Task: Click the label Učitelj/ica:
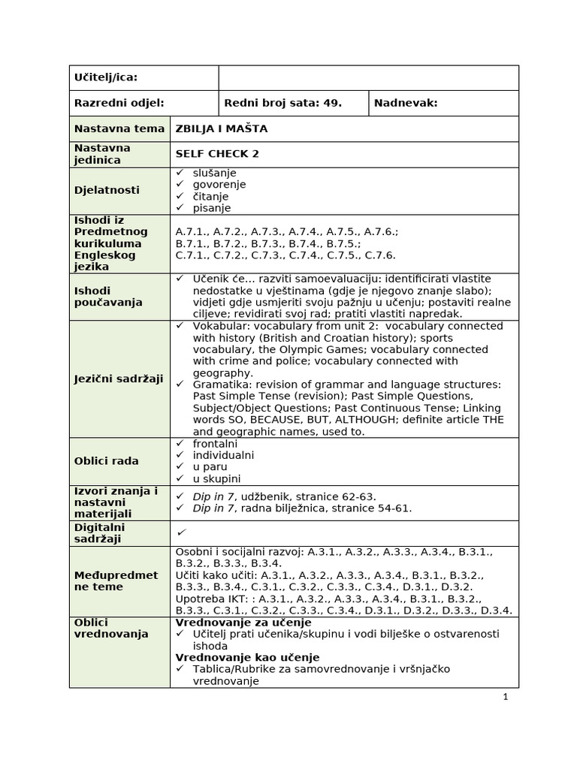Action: pyautogui.click(x=105, y=78)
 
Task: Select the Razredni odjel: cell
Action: pyautogui.click(x=119, y=104)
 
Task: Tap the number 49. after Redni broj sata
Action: pyautogui.click(x=332, y=104)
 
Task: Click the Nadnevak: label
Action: pyautogui.click(x=406, y=104)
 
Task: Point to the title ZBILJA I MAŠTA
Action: pyautogui.click(x=221, y=129)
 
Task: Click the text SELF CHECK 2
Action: pyautogui.click(x=217, y=154)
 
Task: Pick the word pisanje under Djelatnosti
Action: pyautogui.click(x=212, y=208)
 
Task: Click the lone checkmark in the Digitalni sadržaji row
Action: pyautogui.click(x=180, y=532)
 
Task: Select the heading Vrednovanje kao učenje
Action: pyautogui.click(x=247, y=658)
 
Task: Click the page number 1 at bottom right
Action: pyautogui.click(x=506, y=697)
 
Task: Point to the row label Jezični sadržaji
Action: pyautogui.click(x=119, y=379)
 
